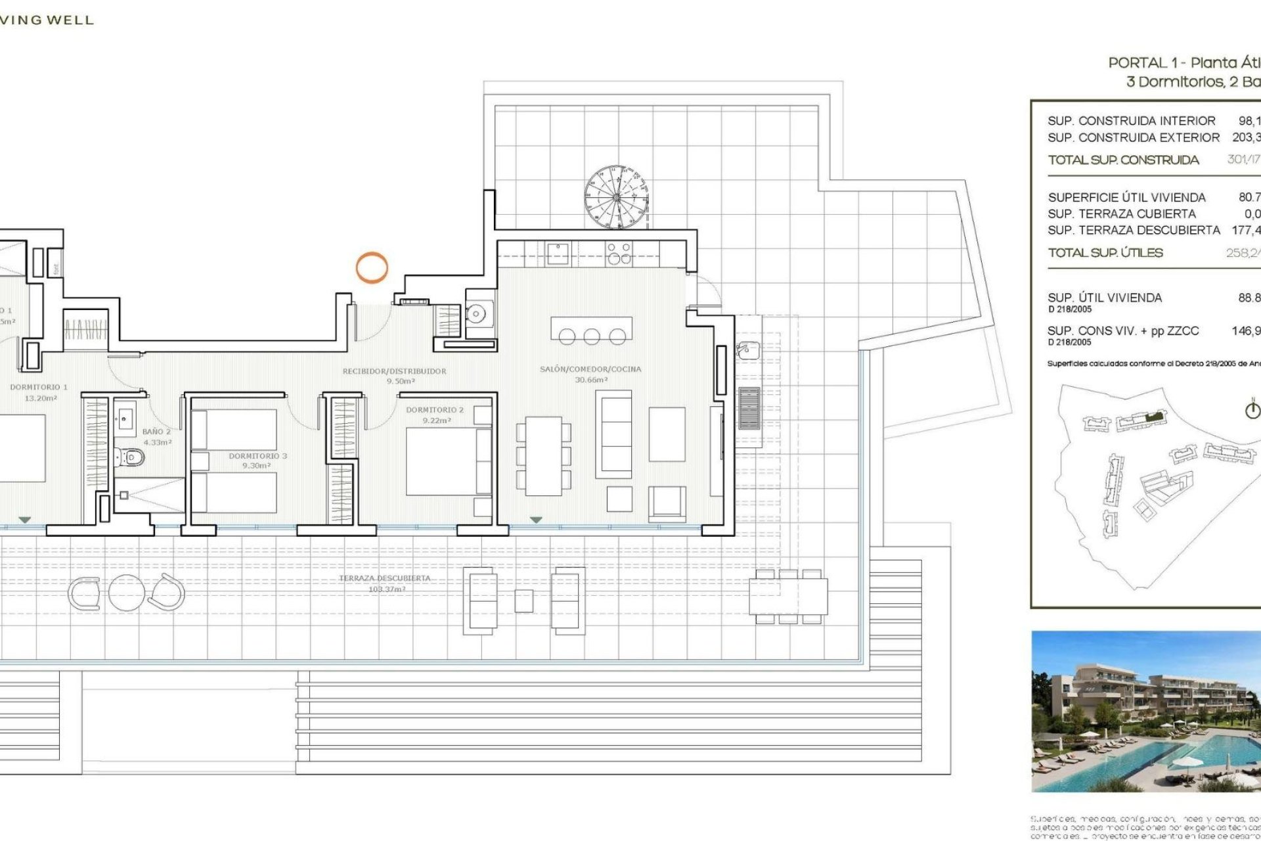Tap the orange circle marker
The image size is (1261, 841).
372,268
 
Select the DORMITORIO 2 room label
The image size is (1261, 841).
434,410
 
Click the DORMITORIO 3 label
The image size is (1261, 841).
257,456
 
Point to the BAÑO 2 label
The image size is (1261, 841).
156,432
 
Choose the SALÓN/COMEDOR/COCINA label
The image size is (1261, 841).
590,369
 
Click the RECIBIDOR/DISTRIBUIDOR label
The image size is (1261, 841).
394,371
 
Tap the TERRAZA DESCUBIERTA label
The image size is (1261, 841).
385,578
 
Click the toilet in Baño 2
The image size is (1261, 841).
133,456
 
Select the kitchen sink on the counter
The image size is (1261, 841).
558,253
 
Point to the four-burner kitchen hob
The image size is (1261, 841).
619,253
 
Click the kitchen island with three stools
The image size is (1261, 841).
591,328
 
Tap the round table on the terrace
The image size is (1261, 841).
126,593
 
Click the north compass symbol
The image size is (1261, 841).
1253,410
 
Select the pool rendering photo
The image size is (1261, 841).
1146,711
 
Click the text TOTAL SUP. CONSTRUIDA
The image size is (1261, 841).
1123,160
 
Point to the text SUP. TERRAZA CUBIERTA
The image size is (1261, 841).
1122,214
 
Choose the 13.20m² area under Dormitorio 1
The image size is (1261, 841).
41,398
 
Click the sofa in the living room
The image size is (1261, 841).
614,434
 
